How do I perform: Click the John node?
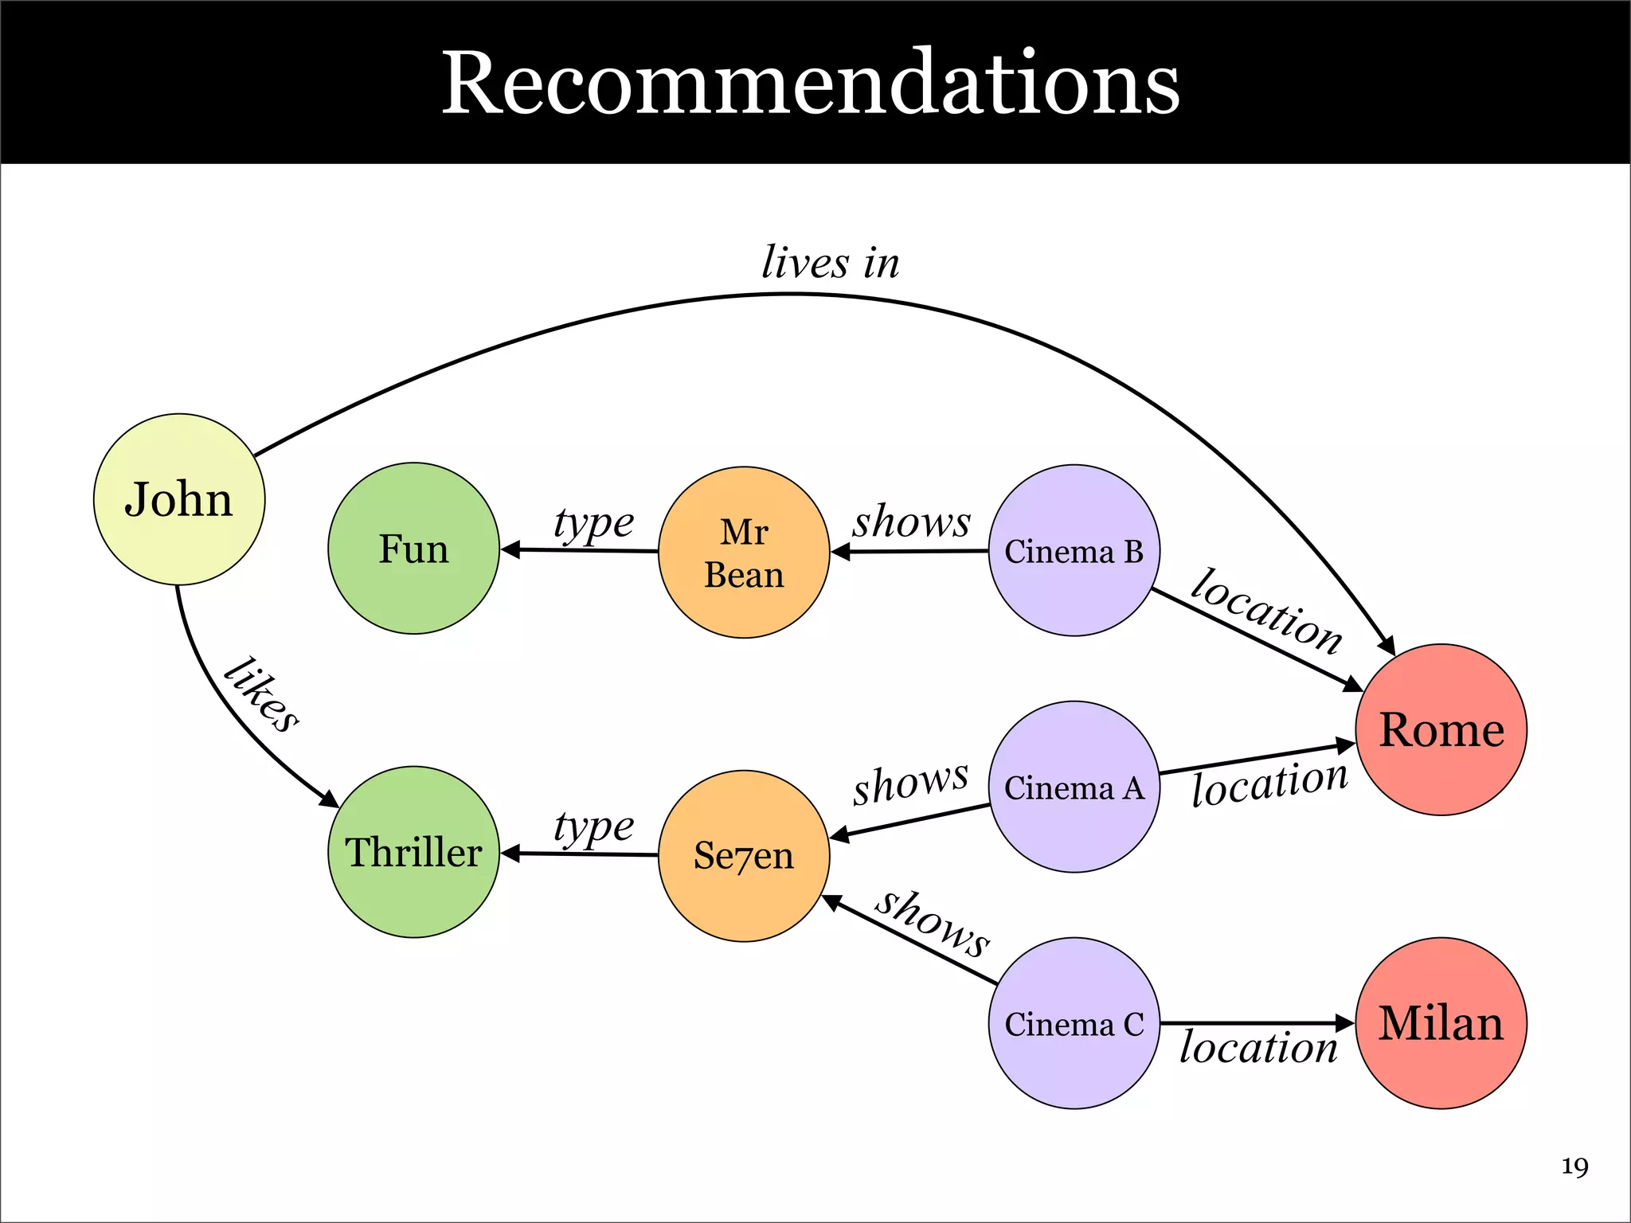(x=179, y=499)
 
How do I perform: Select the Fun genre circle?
(x=413, y=549)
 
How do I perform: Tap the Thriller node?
(x=413, y=852)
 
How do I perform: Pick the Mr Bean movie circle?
(x=744, y=553)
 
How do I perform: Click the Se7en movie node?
(x=744, y=856)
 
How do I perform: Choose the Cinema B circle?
(x=1074, y=550)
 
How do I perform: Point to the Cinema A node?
(x=1074, y=787)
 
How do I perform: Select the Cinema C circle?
(x=1074, y=1023)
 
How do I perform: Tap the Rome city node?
(x=1441, y=729)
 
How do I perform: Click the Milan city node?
(x=1441, y=1023)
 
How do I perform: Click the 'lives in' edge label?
(x=831, y=263)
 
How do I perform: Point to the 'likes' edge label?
(x=260, y=694)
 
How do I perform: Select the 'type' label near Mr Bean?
(x=593, y=524)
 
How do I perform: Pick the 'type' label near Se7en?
(x=593, y=827)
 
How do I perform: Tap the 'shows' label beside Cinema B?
(x=912, y=522)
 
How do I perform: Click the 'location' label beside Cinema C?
(x=1258, y=1047)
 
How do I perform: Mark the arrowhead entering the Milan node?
(x=1345, y=1023)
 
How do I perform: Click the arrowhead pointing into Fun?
(x=510, y=549)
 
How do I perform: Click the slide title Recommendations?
(x=811, y=83)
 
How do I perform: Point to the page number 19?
(x=1574, y=1167)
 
